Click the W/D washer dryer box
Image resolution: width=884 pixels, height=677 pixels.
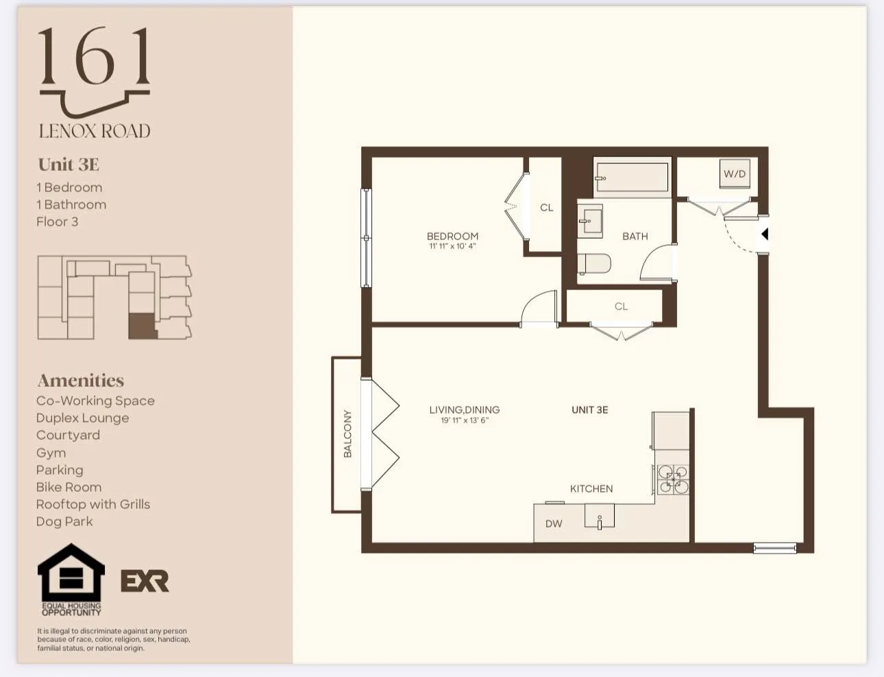pos(735,174)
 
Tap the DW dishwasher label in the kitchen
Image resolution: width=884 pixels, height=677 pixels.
pos(554,523)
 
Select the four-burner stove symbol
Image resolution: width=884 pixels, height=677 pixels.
pos(673,479)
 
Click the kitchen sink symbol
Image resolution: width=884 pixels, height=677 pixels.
pos(600,516)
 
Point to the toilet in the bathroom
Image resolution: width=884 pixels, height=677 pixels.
pos(594,263)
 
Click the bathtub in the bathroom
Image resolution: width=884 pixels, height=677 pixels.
pos(631,177)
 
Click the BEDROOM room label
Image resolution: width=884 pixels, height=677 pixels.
pos(452,236)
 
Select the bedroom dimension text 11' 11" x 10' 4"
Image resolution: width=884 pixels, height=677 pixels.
pos(452,246)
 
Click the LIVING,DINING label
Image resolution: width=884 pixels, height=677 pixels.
pos(464,409)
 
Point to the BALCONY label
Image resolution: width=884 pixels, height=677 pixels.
pos(347,433)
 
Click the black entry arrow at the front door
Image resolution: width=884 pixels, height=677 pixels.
pos(765,234)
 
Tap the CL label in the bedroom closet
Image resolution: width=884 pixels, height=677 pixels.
pos(546,207)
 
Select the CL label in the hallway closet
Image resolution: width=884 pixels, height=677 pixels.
pos(621,306)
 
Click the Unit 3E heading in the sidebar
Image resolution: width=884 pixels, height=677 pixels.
pos(69,165)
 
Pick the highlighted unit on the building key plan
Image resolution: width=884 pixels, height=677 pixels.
pos(142,326)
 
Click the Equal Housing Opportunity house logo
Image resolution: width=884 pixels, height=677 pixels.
pos(71,574)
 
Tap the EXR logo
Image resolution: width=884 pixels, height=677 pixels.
pos(145,581)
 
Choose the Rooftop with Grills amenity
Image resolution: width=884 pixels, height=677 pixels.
pos(93,504)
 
